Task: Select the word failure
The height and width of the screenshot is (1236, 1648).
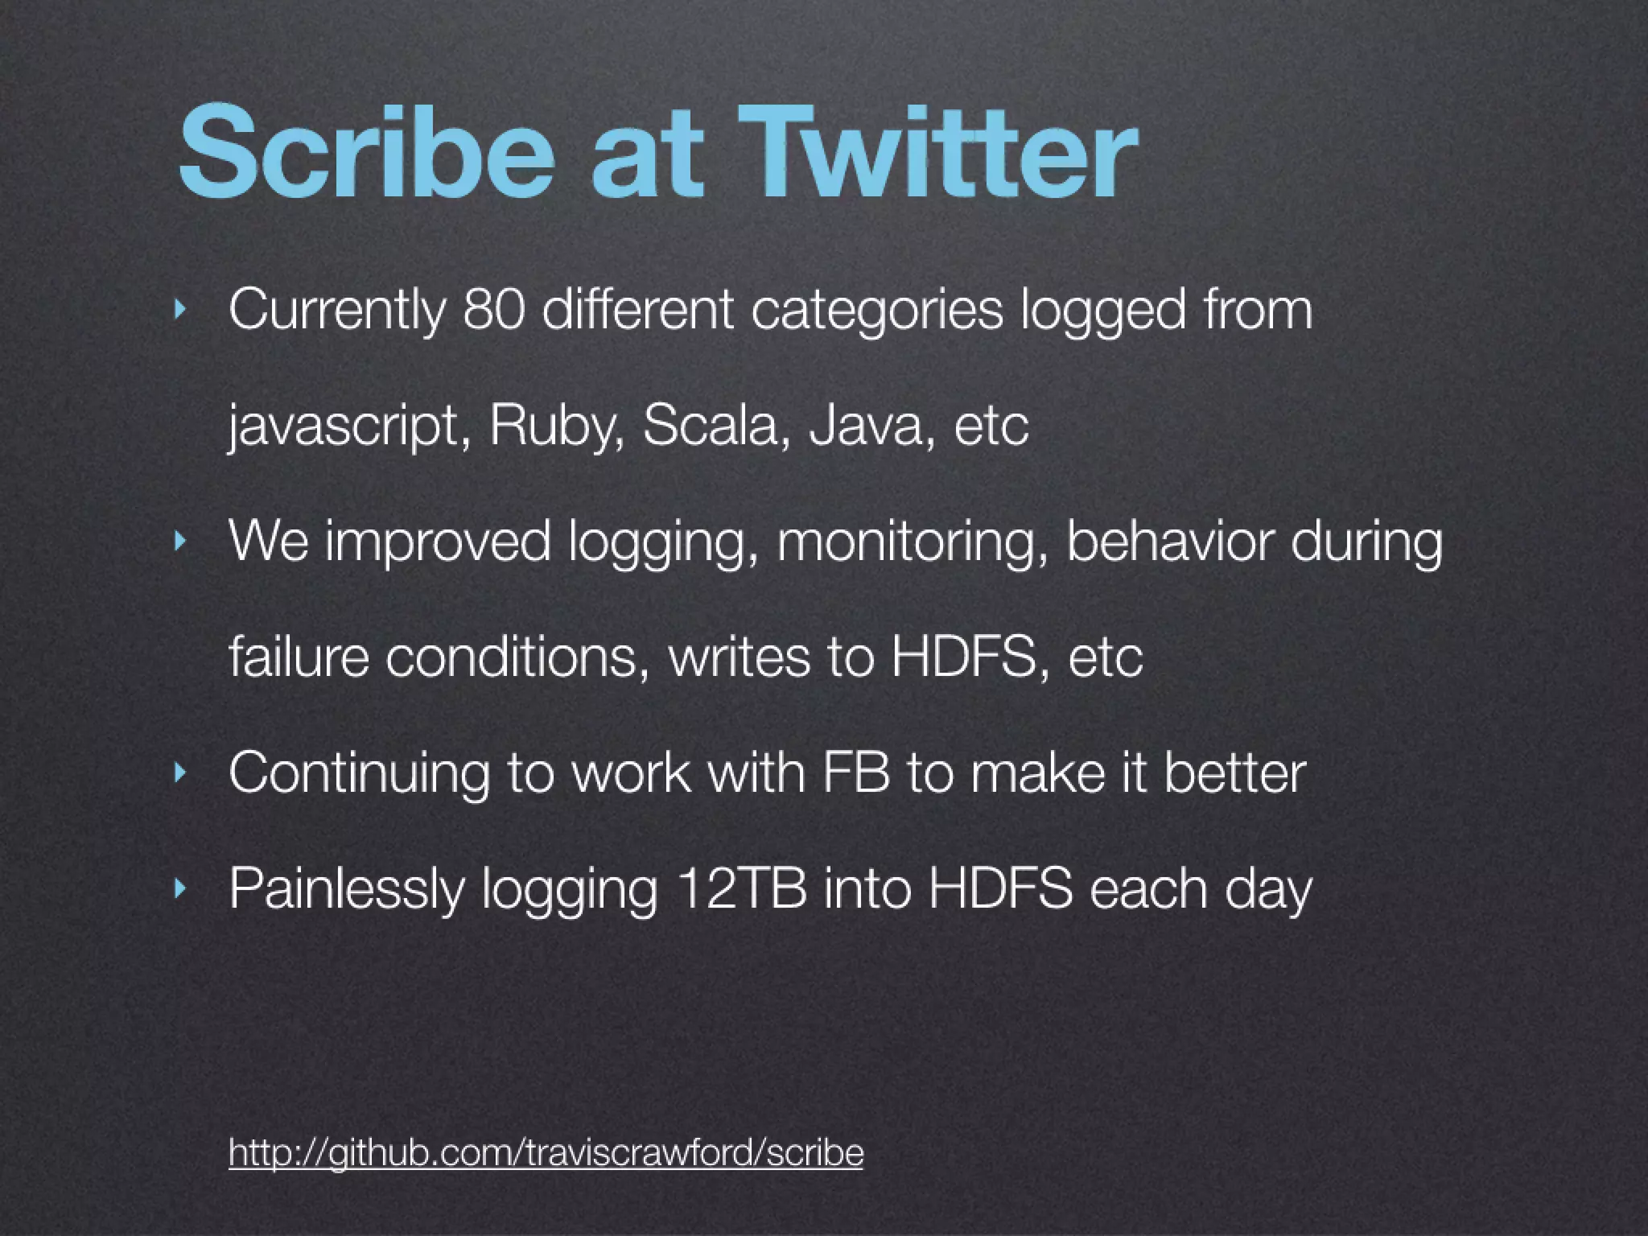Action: pos(299,657)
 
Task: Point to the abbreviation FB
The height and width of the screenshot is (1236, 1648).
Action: pos(856,772)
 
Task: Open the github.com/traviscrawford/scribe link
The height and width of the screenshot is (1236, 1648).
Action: pos(546,1152)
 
